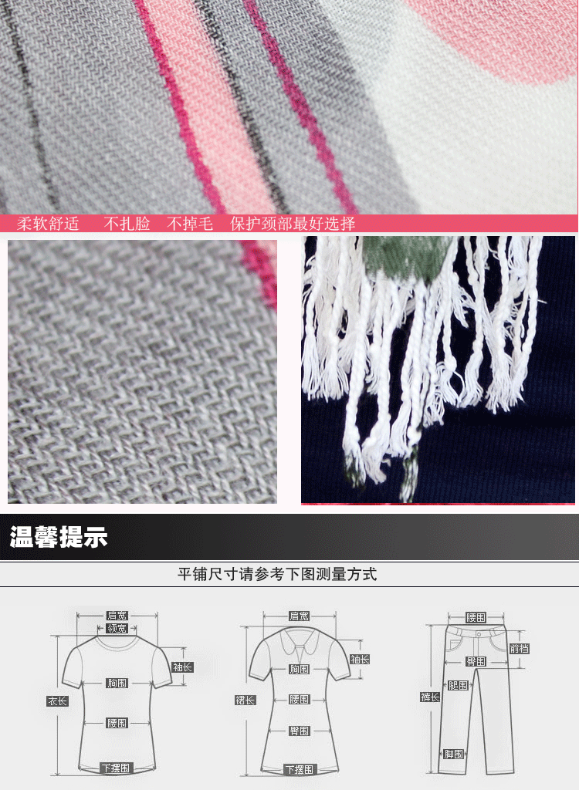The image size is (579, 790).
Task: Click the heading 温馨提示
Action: coord(59,537)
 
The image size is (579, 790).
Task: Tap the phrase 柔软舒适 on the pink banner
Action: coord(48,223)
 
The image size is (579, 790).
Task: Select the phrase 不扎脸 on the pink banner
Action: coord(127,223)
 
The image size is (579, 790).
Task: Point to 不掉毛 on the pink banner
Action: coord(190,223)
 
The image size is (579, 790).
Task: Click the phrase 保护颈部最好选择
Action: coord(293,223)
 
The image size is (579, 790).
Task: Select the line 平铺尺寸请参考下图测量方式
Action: coord(277,574)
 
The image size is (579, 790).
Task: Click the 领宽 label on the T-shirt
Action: coord(117,628)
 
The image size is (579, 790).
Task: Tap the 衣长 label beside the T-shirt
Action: coord(57,701)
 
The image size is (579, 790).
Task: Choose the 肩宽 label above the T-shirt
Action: coord(117,616)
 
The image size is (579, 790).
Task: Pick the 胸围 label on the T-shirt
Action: coord(117,684)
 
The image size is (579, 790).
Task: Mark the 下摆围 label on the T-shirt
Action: coord(116,768)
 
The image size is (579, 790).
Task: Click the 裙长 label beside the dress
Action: coord(245,700)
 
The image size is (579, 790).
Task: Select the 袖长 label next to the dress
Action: coord(360,659)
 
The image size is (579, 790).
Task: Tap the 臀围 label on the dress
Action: coord(299,731)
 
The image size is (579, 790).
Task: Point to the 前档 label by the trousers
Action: coord(519,648)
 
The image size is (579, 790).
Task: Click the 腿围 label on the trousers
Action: coord(459,685)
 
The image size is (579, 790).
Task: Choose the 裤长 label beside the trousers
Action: coord(430,697)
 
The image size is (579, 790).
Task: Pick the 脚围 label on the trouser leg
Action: coord(453,754)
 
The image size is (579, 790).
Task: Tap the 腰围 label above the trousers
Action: coord(476,618)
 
